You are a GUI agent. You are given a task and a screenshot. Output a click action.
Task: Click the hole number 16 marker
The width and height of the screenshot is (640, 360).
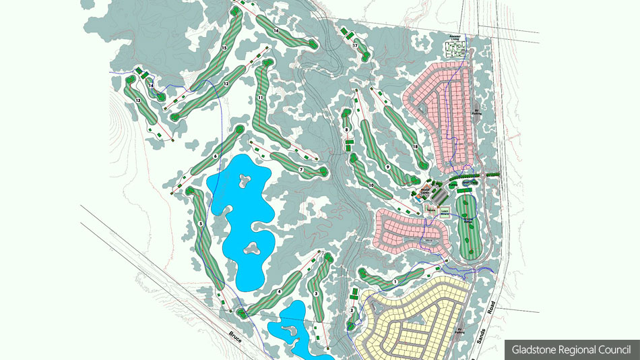coord(276,31)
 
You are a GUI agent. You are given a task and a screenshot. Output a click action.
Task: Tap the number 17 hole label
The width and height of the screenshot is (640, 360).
coord(354,46)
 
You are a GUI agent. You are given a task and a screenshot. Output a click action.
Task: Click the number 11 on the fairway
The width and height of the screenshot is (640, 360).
coord(259,98)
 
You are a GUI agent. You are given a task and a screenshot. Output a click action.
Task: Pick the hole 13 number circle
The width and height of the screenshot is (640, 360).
coord(138,100)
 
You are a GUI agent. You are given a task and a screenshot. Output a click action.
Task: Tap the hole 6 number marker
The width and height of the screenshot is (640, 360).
coord(215,156)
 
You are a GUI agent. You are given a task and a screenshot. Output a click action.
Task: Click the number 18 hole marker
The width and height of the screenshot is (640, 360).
coord(415,146)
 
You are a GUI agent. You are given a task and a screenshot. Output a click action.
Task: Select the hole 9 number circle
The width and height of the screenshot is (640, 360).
coord(388,167)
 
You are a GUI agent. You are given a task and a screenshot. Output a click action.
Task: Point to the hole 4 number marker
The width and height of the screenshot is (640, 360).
coord(279,291)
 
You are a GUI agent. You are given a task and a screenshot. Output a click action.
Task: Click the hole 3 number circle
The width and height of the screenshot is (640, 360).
coord(316,295)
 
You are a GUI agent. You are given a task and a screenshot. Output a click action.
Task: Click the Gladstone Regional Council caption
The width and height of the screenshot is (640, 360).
coord(571,349)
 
